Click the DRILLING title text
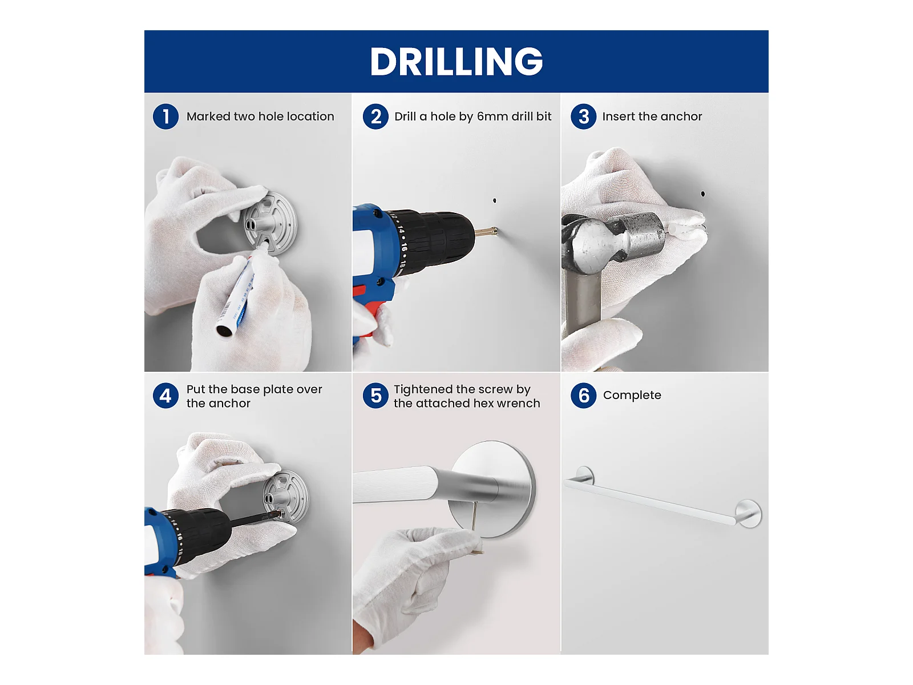tap(457, 61)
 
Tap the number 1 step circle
tap(165, 116)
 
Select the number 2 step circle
tap(375, 116)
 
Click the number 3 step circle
tap(584, 116)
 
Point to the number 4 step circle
tap(165, 396)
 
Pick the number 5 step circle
tap(375, 396)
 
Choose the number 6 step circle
tap(584, 396)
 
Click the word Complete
tap(632, 395)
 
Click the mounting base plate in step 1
tap(270, 223)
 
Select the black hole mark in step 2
tap(495, 200)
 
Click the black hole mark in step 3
tap(703, 194)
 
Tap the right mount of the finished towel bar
tap(749, 514)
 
